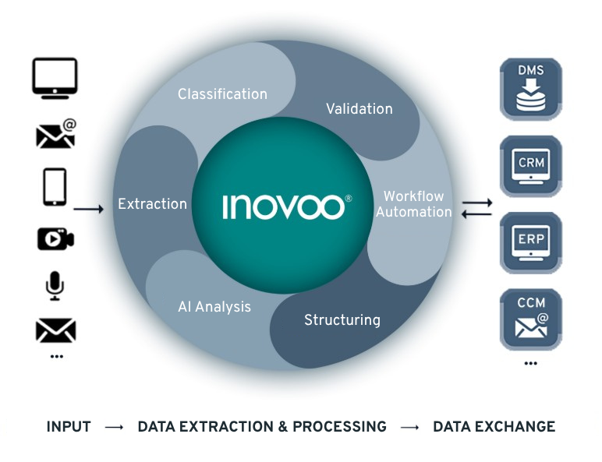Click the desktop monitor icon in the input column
55,78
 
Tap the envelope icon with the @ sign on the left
56,133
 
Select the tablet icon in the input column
55,187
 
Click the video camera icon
55,238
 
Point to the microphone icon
55,286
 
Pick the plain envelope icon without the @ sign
55,330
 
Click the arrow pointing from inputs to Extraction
89,209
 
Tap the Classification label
223,94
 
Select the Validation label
359,108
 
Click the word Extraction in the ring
152,204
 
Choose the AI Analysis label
214,307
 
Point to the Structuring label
342,320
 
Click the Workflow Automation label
414,204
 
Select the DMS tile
531,89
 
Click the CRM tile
531,166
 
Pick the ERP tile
531,243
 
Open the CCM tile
531,319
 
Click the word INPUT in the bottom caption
69,427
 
